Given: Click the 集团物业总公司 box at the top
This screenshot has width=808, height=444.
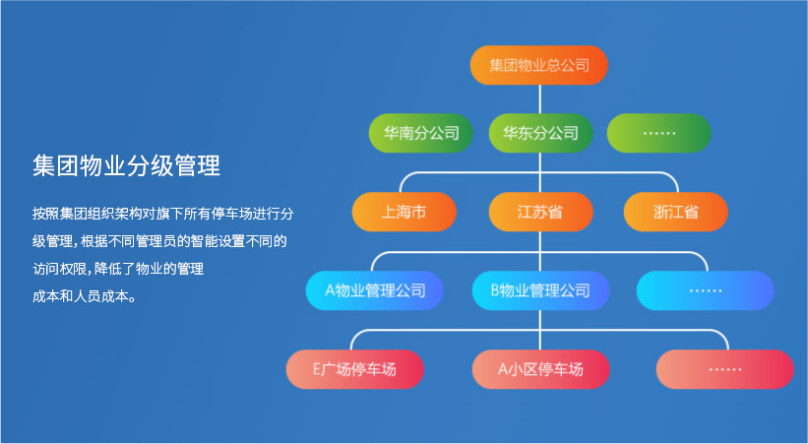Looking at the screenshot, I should [538, 65].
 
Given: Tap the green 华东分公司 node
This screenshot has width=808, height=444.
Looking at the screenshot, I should [539, 133].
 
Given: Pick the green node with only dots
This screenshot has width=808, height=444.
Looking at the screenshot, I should [658, 133].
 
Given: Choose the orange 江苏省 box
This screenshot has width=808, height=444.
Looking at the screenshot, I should [539, 212].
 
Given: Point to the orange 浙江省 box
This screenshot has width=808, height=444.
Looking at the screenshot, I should [675, 212].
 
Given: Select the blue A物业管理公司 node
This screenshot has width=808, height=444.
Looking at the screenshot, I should [374, 290].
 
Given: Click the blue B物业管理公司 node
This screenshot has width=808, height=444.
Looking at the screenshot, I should [539, 290].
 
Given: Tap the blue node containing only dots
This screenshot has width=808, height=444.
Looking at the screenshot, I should [705, 290].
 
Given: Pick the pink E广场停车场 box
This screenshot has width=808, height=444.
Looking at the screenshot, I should [354, 369].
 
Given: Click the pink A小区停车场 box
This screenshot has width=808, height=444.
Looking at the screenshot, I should [539, 369].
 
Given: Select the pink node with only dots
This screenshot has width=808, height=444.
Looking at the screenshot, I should [724, 369].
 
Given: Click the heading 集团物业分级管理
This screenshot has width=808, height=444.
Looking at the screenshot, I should [125, 165].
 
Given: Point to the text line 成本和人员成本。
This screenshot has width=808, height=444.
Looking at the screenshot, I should [83, 295].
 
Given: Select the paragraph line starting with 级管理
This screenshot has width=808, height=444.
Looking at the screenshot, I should [158, 240].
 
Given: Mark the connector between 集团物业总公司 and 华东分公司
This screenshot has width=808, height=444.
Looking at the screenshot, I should [539, 98].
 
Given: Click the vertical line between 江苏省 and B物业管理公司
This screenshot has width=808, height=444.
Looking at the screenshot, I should [539, 251].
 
